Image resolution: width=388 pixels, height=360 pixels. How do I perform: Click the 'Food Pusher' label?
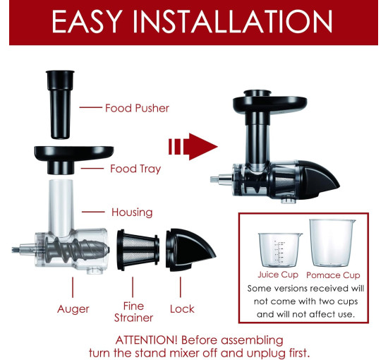tap(137, 108)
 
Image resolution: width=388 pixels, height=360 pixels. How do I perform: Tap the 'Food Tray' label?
tap(135, 169)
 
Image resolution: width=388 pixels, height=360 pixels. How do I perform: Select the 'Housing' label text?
tap(132, 212)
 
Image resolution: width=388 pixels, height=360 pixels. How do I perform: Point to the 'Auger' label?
tap(73, 309)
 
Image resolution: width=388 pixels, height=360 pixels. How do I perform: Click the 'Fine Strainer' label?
tap(133, 312)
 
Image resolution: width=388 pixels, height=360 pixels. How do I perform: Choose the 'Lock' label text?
tap(182, 309)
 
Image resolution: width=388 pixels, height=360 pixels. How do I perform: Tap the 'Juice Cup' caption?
tap(278, 275)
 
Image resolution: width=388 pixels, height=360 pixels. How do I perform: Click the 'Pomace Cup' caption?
tap(333, 275)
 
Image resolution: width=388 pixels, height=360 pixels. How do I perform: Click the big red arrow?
tap(193, 147)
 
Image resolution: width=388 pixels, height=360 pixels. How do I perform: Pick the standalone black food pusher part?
tap(60, 104)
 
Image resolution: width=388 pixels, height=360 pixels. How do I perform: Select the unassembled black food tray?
tap(74, 160)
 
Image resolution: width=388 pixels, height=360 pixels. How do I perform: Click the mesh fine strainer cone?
tap(138, 250)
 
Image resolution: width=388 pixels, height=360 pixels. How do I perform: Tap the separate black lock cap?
tap(190, 250)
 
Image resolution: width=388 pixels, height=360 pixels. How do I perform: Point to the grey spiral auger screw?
tap(77, 250)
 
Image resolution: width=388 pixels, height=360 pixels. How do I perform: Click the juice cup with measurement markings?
tap(280, 250)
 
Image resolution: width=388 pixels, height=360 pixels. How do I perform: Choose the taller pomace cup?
tap(332, 243)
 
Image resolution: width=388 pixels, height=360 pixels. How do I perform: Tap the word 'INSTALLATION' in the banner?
tap(233, 21)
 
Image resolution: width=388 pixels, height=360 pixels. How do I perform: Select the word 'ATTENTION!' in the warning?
tap(146, 340)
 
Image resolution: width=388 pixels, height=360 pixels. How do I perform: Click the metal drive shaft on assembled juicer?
tap(221, 179)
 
